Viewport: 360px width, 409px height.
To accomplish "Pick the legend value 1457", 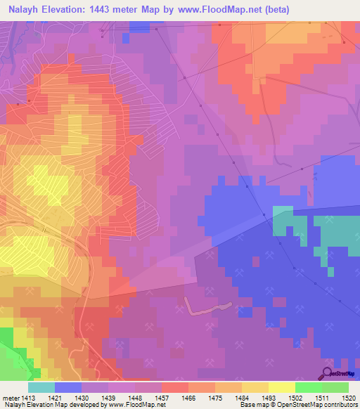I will (x=161, y=397).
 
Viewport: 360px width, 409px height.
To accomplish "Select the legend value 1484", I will (x=241, y=397).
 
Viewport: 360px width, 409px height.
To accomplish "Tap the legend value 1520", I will (x=348, y=397).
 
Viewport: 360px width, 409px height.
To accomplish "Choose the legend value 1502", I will (x=295, y=397).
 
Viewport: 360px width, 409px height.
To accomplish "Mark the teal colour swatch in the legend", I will (x=41, y=387).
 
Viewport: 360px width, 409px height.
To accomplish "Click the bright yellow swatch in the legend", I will (x=281, y=387).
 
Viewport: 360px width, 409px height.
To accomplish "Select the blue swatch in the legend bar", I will (x=67, y=387).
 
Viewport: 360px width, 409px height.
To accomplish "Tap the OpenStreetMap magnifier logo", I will (x=326, y=373).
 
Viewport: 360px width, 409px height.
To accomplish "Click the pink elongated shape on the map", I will (x=208, y=307).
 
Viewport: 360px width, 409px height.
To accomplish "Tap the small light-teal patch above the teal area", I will (x=282, y=210).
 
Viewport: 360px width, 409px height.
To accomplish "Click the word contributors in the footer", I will (x=339, y=405).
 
